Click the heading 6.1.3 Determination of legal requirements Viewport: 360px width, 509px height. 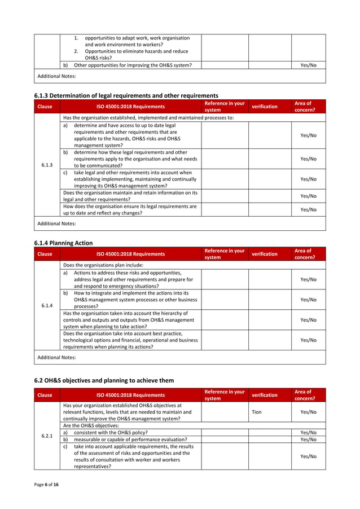126,95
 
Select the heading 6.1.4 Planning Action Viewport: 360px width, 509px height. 64,243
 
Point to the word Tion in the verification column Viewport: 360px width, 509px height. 256,412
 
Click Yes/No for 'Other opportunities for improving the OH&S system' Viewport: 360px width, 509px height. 308,65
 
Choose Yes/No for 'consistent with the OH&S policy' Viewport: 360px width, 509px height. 308,432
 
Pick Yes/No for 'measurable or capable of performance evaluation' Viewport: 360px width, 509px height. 308,439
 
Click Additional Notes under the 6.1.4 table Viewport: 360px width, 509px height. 56,357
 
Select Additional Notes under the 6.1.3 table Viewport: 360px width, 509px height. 56,224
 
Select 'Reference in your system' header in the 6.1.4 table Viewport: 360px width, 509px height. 224,253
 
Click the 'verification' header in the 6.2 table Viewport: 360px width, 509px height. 264,395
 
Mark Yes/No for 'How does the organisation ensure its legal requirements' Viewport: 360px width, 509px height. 308,209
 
